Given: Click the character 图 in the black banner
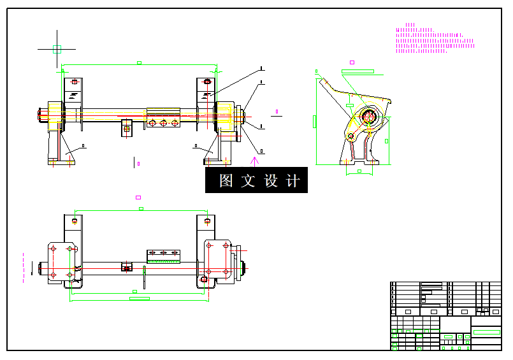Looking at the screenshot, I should (x=226, y=181).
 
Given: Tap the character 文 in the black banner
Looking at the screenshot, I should (x=248, y=181).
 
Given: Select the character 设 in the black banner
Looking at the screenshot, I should (x=271, y=181).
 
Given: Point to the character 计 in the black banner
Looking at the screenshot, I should (x=293, y=181).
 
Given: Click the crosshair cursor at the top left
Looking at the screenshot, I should (x=57, y=48).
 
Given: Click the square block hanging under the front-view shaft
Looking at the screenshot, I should (x=127, y=128).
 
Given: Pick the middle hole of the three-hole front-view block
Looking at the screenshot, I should (x=163, y=123).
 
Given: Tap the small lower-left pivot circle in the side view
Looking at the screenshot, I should (x=350, y=136).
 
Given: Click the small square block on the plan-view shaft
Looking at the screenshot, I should (x=127, y=267).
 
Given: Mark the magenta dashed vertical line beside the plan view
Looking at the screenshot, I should (x=24, y=266).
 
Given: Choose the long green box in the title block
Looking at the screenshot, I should (x=487, y=332).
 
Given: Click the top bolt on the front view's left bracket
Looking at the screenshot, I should (x=75, y=82).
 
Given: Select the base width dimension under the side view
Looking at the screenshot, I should (x=359, y=171).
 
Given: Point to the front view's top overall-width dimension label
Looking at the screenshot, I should (x=140, y=62).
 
